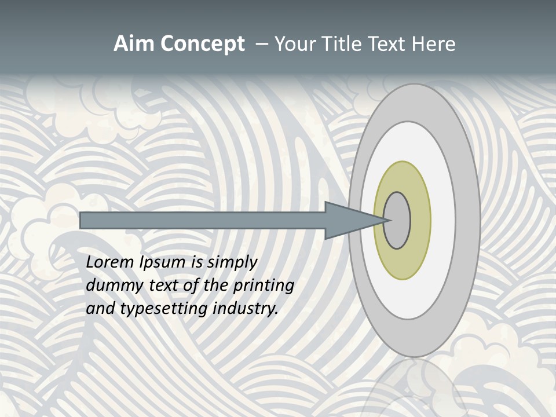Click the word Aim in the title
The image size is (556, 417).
[x=134, y=44]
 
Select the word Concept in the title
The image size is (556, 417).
[x=202, y=44]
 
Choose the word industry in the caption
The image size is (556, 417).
[x=246, y=309]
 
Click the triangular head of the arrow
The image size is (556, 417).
[x=348, y=220]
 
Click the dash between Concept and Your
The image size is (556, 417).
[x=262, y=44]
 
